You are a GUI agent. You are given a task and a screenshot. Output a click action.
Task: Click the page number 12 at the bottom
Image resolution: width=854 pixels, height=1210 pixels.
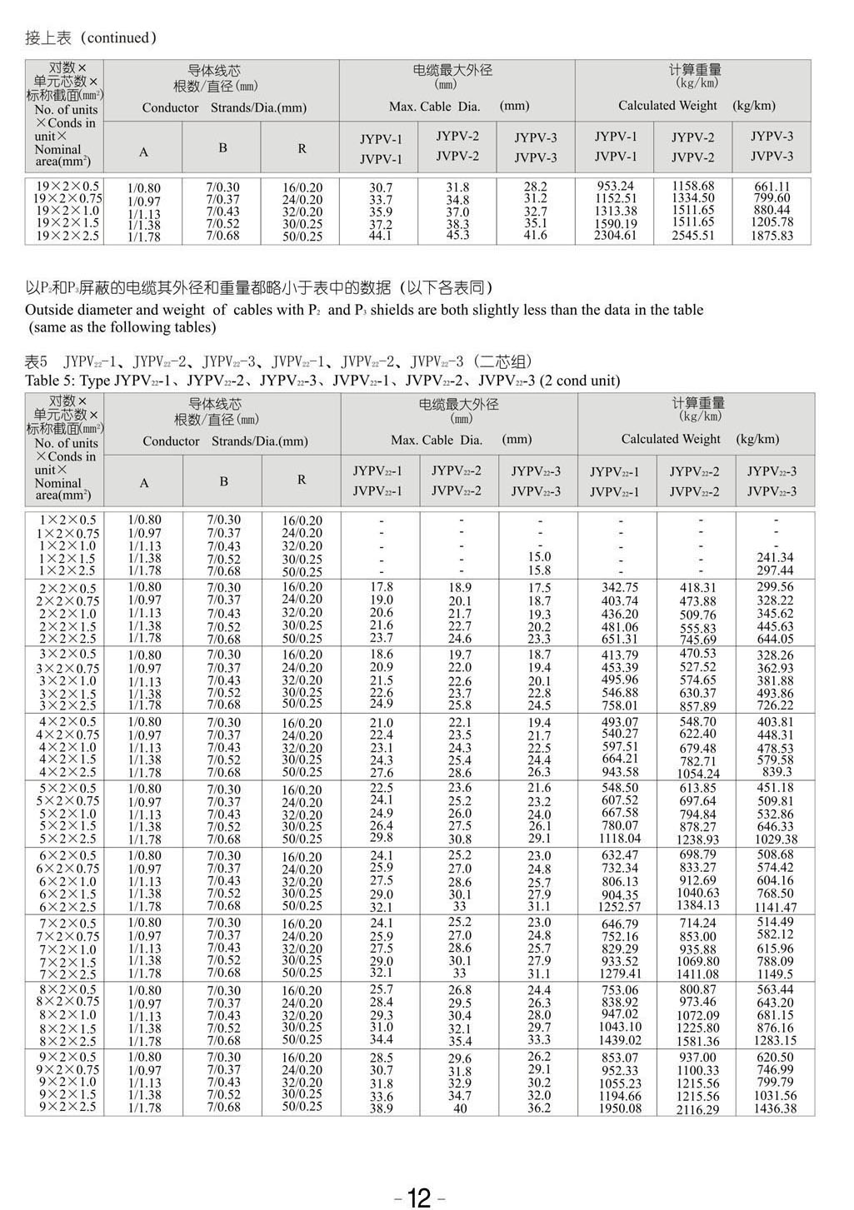[419, 1198]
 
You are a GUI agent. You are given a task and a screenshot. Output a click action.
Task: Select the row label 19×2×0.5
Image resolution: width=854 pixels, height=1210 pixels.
[67, 187]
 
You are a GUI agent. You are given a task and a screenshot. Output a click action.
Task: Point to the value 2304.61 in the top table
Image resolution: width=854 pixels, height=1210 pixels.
[616, 236]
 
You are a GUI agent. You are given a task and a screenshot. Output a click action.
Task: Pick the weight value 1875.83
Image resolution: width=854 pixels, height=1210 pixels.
[772, 236]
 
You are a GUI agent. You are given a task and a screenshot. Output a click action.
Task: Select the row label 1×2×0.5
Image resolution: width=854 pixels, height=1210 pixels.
[67, 520]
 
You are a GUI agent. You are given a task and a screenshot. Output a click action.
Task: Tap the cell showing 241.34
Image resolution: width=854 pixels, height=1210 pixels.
[775, 557]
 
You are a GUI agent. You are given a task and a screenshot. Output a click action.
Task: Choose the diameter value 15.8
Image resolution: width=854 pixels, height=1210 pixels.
[539, 570]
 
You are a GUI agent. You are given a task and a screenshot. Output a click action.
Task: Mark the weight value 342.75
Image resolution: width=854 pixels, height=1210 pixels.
[620, 588]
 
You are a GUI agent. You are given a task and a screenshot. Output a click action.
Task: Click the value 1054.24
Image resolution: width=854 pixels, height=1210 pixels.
[698, 774]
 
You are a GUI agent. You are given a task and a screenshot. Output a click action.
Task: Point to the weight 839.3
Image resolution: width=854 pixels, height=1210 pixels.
[777, 772]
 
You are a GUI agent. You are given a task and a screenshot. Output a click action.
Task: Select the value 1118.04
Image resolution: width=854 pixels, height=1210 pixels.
[620, 839]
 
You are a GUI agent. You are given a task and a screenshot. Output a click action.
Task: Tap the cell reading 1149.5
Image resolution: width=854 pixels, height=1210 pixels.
[775, 973]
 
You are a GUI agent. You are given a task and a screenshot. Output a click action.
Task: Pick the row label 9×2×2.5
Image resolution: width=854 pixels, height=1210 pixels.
[67, 1107]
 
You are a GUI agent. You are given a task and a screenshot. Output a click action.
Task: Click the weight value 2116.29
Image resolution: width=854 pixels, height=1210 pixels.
[698, 1109]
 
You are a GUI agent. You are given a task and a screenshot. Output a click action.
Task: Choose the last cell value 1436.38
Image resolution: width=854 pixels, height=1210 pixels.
[775, 1108]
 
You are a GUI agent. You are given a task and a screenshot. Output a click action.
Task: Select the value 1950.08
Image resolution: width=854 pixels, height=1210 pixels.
[620, 1108]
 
